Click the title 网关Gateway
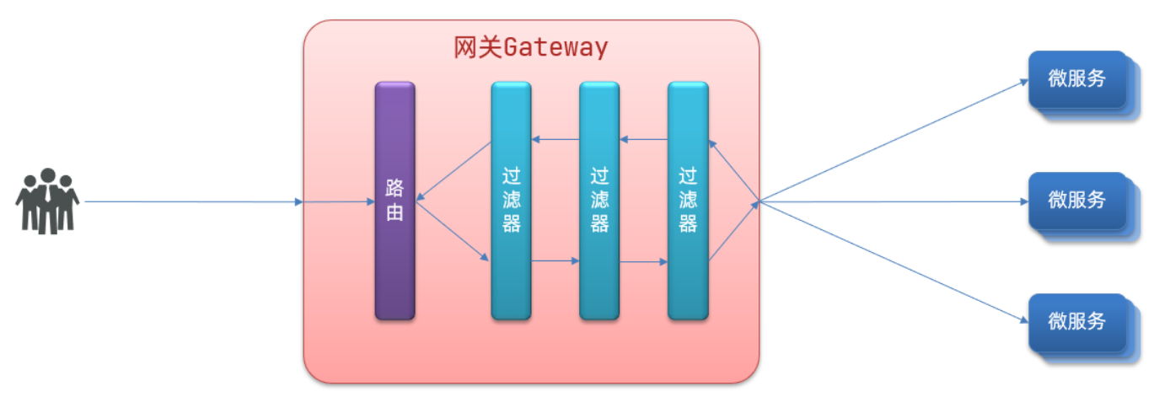click(530, 47)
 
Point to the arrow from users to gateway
click(194, 202)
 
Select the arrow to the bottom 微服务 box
click(894, 261)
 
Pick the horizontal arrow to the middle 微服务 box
click(894, 202)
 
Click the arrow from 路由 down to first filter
click(453, 231)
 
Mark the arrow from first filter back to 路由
click(454, 171)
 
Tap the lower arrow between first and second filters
click(555, 261)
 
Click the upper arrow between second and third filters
click(643, 140)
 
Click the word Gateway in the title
click(555, 47)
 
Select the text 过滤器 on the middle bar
click(599, 201)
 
